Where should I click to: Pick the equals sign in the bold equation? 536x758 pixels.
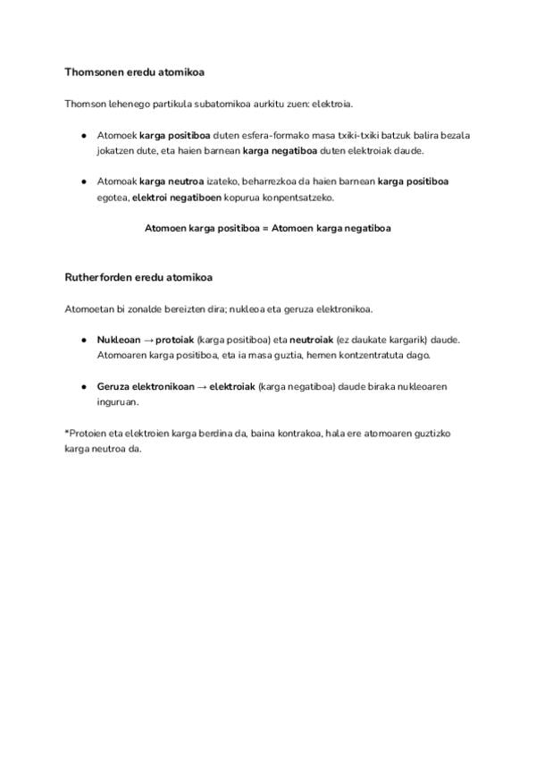pyautogui.click(x=265, y=228)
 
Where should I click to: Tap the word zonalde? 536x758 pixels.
pyautogui.click(x=149, y=309)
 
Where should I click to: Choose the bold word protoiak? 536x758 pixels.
pyautogui.click(x=175, y=341)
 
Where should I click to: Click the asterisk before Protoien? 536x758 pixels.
pyautogui.click(x=67, y=433)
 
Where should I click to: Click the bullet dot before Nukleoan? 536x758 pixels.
pyautogui.click(x=83, y=341)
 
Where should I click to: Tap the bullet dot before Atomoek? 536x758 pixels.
pyautogui.click(x=83, y=136)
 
